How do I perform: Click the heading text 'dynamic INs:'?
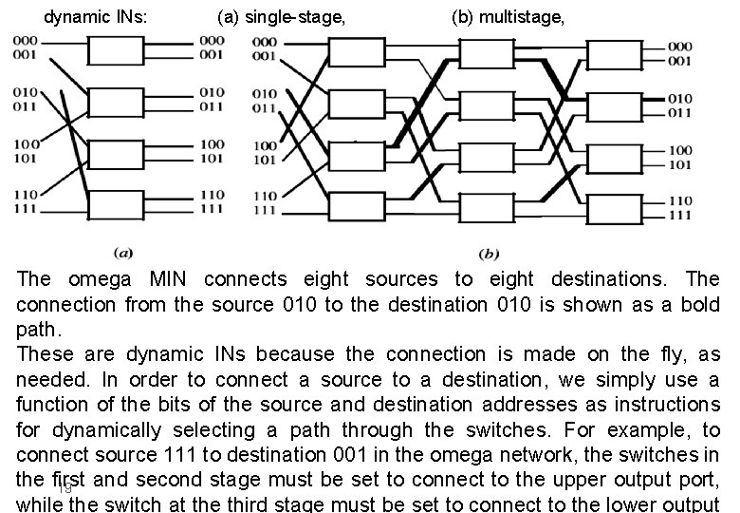95,16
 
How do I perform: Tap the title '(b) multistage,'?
507,16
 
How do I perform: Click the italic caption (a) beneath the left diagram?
122,253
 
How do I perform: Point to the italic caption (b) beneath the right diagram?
490,253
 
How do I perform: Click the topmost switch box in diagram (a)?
115,48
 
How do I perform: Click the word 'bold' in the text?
698,305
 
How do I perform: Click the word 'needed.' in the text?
54,380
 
